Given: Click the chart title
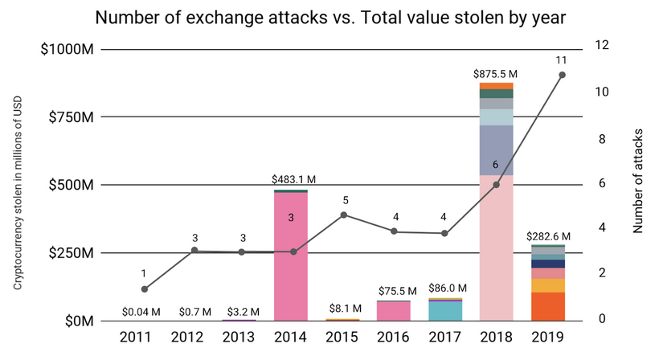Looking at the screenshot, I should (329, 17).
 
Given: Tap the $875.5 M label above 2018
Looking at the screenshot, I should (496, 73).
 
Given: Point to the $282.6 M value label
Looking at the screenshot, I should (548, 236).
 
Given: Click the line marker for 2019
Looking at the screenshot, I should (562, 75).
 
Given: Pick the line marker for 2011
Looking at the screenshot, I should (144, 289).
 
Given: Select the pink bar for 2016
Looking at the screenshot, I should (394, 311).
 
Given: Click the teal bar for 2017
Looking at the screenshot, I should (444, 311).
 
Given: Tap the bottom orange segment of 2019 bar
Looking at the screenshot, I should (547, 306).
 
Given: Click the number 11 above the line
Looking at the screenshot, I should (562, 59).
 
